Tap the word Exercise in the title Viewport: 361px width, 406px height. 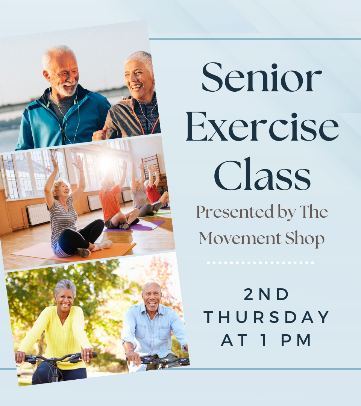click(x=262, y=127)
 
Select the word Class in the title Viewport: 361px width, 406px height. click(x=262, y=176)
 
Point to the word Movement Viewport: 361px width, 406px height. click(x=238, y=238)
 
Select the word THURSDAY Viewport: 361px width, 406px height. click(x=267, y=318)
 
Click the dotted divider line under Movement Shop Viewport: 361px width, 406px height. click(x=260, y=263)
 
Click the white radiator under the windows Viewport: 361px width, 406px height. click(x=38, y=214)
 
